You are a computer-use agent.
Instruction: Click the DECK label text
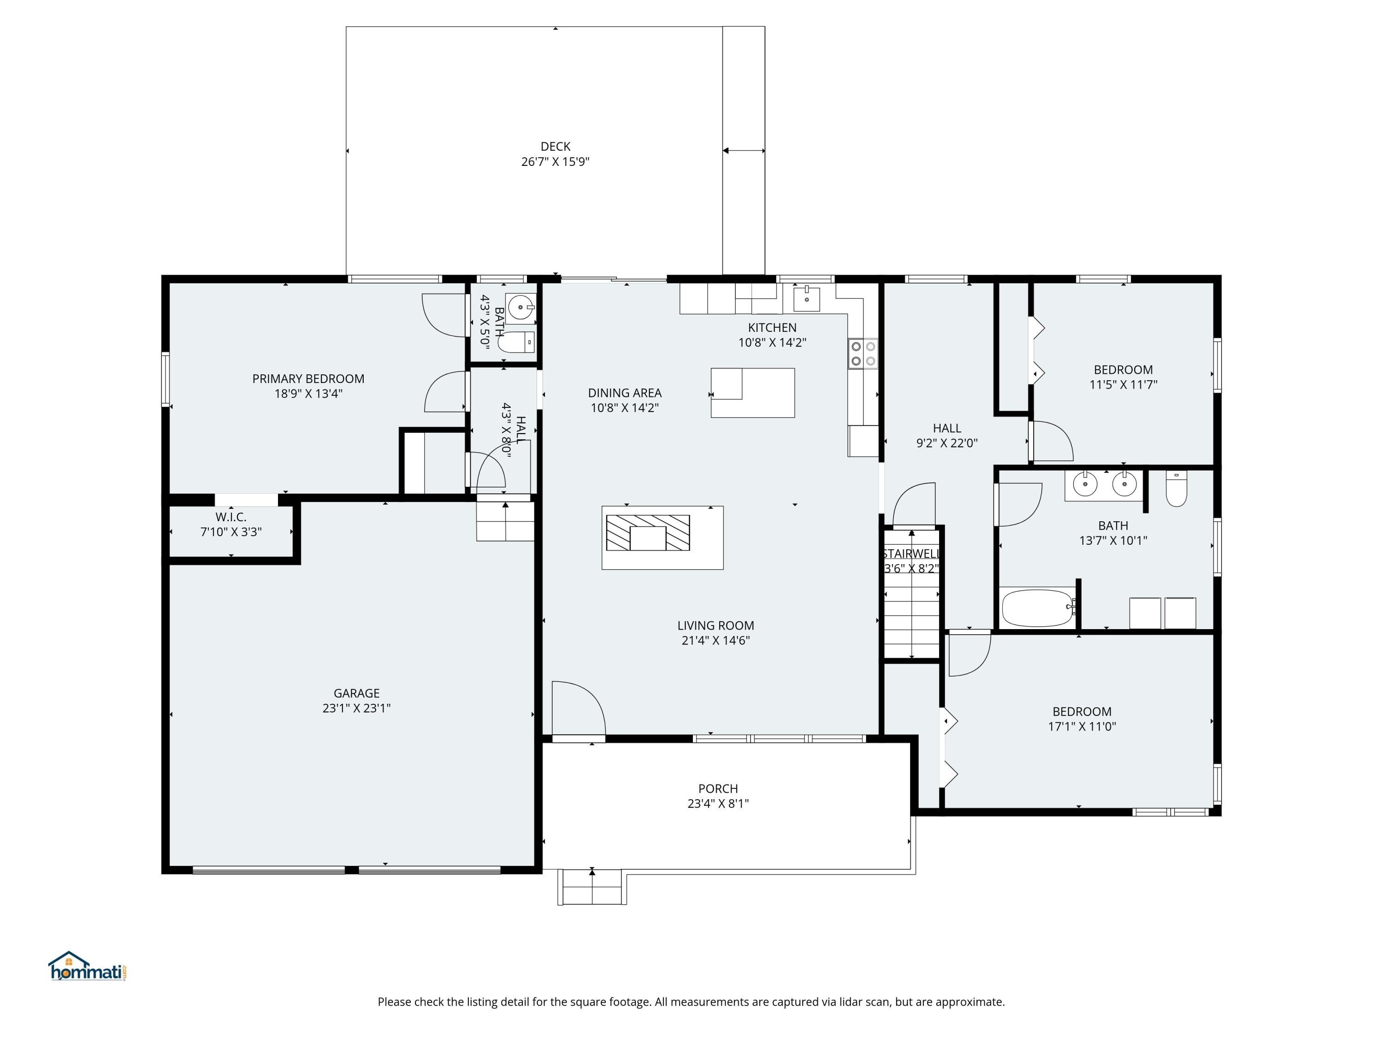pos(555,146)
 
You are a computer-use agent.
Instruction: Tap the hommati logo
pos(88,966)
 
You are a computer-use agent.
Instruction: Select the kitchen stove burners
pos(863,353)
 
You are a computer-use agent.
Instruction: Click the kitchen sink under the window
pos(807,298)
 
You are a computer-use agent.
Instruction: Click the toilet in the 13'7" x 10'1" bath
pos(1176,489)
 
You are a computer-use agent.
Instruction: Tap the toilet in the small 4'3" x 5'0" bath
pos(518,342)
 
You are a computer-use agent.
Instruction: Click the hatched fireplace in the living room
pos(648,533)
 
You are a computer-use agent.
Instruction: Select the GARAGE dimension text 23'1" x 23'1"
pos(356,708)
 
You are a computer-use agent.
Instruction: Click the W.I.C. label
pos(230,517)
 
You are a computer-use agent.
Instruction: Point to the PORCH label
pos(718,789)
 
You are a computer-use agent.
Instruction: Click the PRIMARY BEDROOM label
pos(308,379)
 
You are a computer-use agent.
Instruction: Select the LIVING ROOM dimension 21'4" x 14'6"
pos(715,640)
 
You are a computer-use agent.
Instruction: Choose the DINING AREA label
pos(625,393)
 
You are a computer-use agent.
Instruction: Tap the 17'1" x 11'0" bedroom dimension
pos(1082,726)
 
